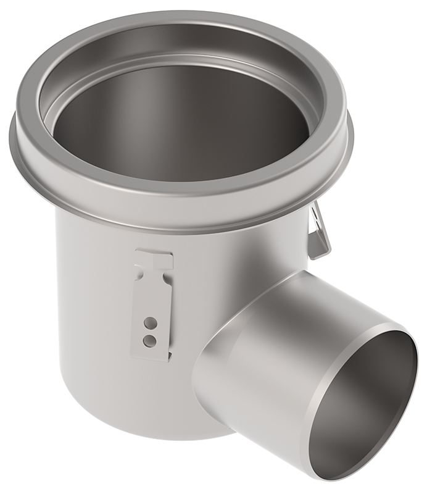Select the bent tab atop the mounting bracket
coord(154,258)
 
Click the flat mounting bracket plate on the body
coord(151,303)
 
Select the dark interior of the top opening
coord(179,124)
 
